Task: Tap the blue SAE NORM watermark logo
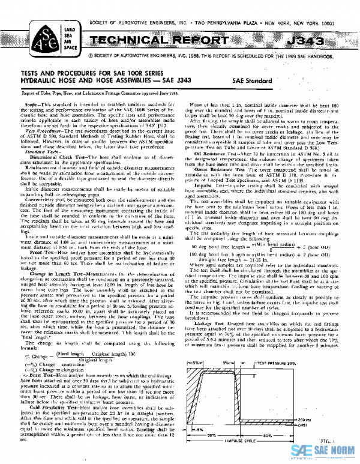(x=323, y=450)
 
